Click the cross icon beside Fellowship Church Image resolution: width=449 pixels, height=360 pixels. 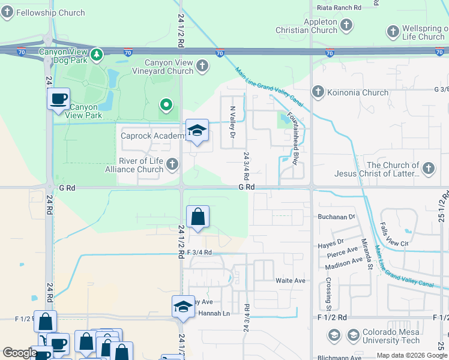(7, 13)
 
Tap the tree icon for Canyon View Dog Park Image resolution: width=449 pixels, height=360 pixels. (97, 55)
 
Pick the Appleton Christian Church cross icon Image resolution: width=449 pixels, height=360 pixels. (346, 25)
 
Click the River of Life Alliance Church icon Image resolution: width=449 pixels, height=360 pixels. (172, 163)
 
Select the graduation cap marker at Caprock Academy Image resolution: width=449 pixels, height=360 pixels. (197, 130)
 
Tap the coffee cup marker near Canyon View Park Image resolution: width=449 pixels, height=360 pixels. (59, 99)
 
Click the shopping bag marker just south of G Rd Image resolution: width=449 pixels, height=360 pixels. (197, 217)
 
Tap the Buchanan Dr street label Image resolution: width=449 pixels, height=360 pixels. (336, 216)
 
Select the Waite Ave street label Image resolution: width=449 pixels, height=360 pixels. (291, 280)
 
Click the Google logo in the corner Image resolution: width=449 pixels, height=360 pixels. (20, 353)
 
